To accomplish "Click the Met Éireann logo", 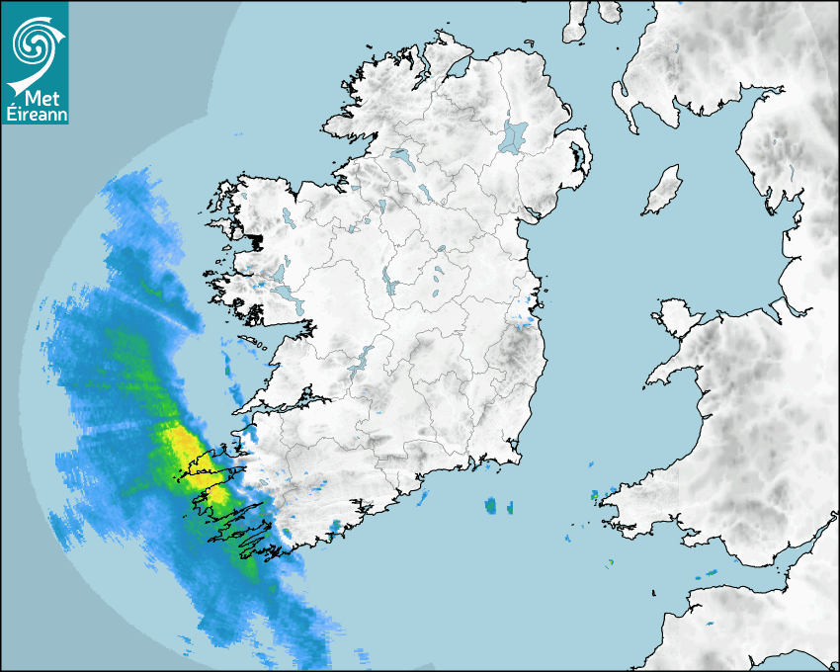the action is [35, 62].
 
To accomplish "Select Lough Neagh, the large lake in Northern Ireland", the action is [513, 136].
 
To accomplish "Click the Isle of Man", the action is [663, 190].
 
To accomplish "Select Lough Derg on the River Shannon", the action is [366, 358].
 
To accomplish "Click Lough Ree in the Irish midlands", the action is [389, 287].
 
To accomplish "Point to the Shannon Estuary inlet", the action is [296, 403].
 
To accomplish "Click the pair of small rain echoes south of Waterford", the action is [499, 507].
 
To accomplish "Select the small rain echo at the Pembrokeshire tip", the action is [595, 495].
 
